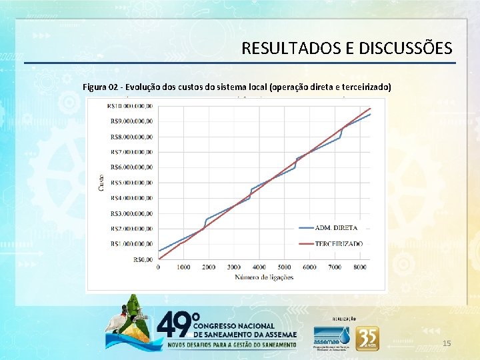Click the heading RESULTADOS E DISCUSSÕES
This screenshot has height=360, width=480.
click(x=347, y=49)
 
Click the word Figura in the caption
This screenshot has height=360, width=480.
click(x=95, y=87)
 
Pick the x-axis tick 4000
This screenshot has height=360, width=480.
click(x=259, y=267)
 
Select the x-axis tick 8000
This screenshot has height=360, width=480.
click(x=360, y=267)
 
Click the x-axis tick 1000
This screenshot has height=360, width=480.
click(x=183, y=267)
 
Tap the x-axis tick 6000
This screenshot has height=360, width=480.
click(x=309, y=267)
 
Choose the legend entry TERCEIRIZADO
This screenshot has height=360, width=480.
click(x=339, y=244)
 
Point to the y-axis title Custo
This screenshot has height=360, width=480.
click(x=101, y=182)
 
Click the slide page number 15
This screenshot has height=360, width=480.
click(x=447, y=343)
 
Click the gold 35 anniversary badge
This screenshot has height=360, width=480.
click(x=367, y=338)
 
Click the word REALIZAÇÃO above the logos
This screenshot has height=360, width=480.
click(x=344, y=319)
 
